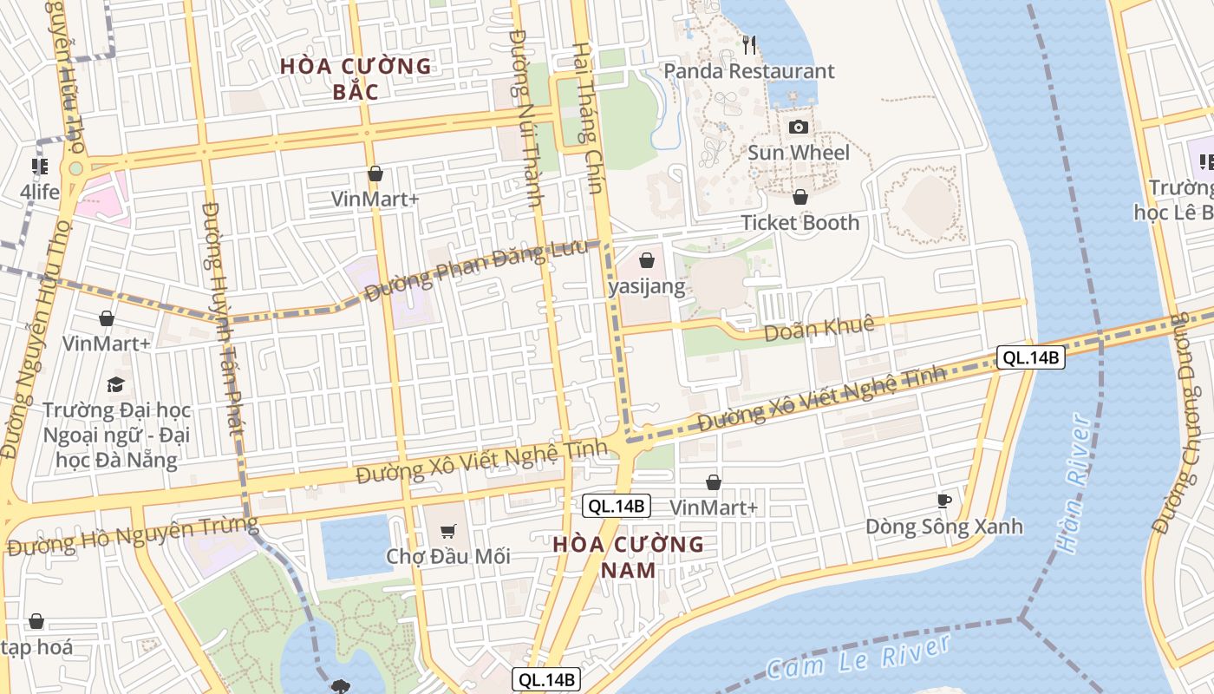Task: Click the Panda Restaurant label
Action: coord(749,71)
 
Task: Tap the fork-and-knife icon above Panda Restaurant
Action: coord(750,43)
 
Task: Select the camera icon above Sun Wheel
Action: coord(799,128)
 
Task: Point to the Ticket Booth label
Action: coord(800,223)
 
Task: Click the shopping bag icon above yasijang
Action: coord(646,259)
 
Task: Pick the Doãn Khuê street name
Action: coord(819,328)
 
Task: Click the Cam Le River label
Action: coord(858,657)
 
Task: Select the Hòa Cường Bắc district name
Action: coord(356,78)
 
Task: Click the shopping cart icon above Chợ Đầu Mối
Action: coord(448,531)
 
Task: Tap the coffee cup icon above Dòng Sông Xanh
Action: coord(944,501)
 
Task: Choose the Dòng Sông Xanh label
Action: coord(944,527)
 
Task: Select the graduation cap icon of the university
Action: coord(115,384)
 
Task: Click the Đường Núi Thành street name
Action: coord(526,117)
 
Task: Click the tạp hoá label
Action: coord(36,647)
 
